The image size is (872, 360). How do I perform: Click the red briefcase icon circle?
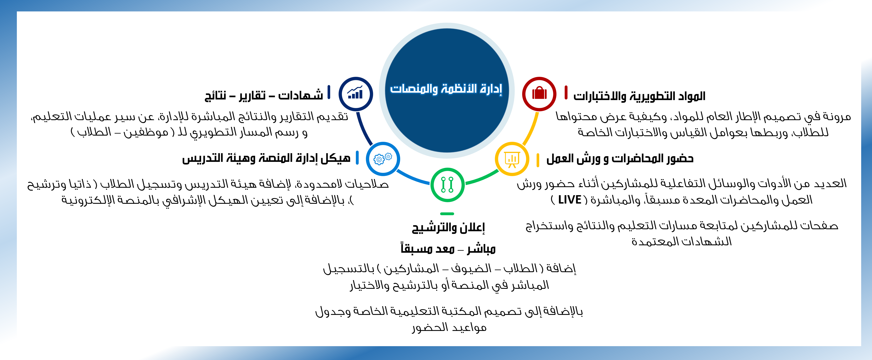point(539,94)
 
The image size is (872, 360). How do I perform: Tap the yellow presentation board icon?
point(512,159)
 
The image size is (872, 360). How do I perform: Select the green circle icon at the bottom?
point(447,185)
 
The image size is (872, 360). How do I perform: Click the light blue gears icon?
point(383,159)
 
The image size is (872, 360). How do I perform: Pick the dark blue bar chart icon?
point(356,94)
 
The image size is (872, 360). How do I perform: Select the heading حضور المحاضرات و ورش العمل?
point(620,158)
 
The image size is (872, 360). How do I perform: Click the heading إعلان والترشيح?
point(448,227)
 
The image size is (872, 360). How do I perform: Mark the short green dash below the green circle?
point(447,214)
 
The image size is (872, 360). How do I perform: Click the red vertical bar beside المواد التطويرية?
point(566,92)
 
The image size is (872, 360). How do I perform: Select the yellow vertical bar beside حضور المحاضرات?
point(538,160)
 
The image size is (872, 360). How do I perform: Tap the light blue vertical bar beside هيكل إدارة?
point(357,158)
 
